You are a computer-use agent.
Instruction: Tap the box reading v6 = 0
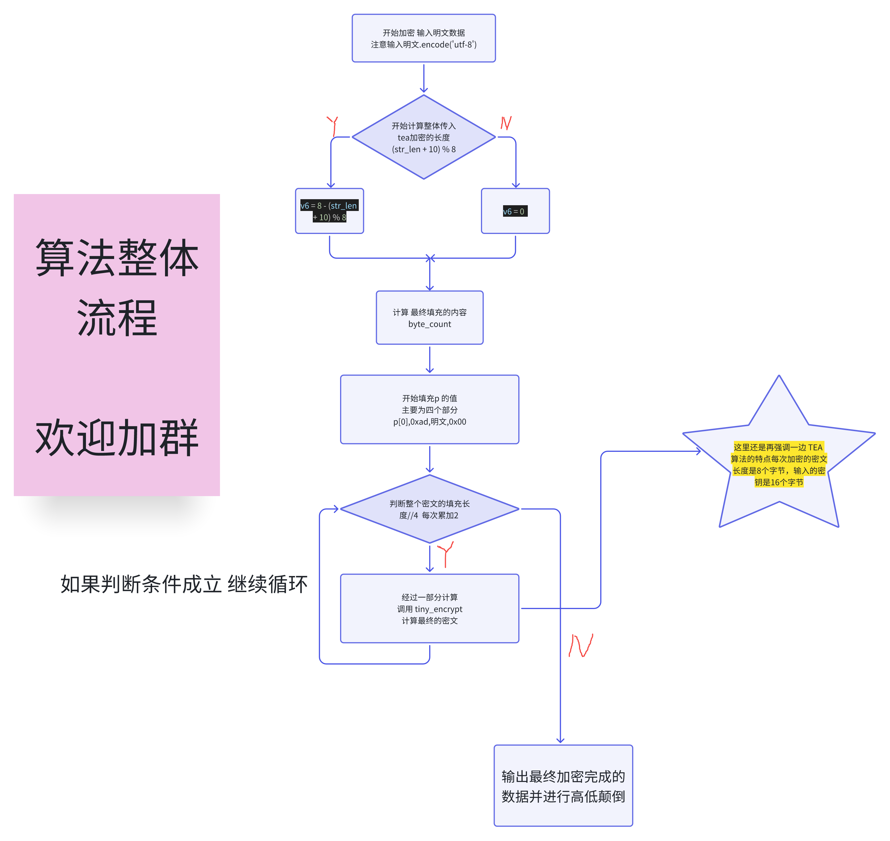point(515,211)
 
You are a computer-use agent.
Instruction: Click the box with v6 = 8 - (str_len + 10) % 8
point(329,211)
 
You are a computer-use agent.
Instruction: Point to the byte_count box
point(429,318)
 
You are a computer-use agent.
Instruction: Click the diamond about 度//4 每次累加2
point(429,509)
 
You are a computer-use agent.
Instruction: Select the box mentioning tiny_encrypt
point(429,608)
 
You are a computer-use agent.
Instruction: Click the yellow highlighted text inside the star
point(778,464)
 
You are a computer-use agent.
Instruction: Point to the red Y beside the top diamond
point(333,126)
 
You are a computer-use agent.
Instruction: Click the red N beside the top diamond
point(506,122)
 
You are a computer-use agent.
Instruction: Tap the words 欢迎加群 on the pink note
point(117,438)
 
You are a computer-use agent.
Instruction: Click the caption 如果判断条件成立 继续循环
point(184,584)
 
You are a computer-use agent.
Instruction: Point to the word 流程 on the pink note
point(117,318)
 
